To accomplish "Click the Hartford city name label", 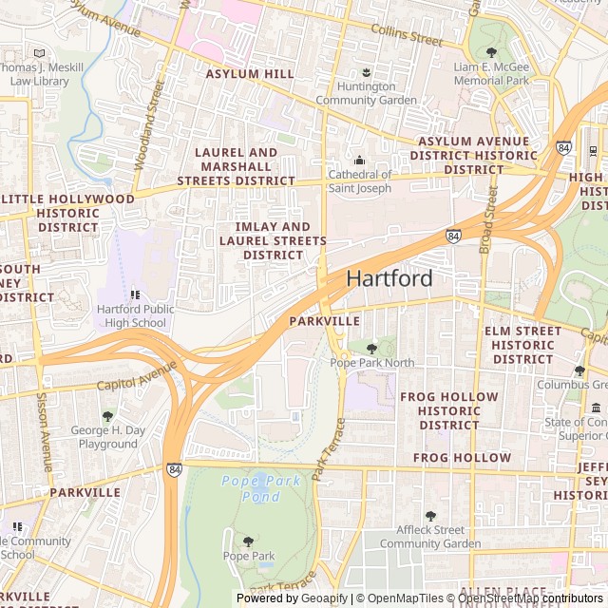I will coord(389,278).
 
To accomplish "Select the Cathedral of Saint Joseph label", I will coord(359,180).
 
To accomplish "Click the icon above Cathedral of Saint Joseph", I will coord(359,160).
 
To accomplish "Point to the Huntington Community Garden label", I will coord(366,93).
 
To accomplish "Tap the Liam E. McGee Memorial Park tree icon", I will coord(491,52).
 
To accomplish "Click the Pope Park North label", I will coord(371,363).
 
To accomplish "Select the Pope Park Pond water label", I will coord(261,488).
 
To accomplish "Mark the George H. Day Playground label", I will coord(108,437).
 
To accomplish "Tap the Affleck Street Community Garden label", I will coord(430,537).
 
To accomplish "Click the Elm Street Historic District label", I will coord(522,345).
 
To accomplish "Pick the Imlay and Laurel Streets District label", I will coord(273,241).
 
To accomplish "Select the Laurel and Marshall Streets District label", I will coord(236,166).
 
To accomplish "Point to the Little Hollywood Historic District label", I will coord(67,213).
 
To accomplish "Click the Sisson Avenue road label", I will coord(44,432).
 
